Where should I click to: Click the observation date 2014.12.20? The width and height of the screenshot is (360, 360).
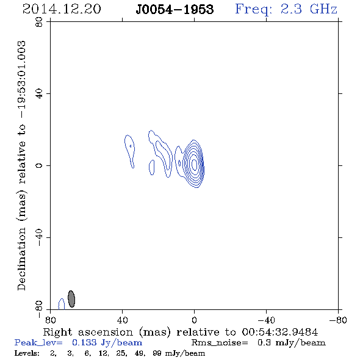coord(62,9)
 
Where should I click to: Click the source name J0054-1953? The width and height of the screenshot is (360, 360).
coord(175,9)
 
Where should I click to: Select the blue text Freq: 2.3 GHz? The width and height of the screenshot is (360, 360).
coord(286,9)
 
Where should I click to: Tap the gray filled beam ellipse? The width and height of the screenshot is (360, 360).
coord(71,299)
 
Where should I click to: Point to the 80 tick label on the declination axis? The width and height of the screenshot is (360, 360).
coord(39,22)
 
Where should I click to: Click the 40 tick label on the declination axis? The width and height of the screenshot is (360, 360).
coord(39,94)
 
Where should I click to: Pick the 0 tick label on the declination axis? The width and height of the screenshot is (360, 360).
coord(39,165)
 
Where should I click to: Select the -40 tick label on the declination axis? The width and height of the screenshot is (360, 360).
coord(39,237)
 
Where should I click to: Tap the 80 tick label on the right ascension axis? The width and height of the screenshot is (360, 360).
coord(50,320)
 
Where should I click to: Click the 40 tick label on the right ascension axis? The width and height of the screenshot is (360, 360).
coord(123,320)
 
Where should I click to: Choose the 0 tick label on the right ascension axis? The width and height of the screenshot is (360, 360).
coord(194,320)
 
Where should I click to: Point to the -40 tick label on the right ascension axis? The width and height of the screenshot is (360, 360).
coord(266,320)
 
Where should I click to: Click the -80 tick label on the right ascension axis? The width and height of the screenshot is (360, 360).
coord(338,320)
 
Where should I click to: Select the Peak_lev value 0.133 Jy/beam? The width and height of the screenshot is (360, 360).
coord(107,343)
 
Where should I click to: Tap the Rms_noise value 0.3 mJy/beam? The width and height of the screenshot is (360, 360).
coord(292,343)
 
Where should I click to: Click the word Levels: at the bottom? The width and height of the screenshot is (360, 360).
coord(27,353)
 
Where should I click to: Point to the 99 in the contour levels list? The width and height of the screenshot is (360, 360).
coord(157,353)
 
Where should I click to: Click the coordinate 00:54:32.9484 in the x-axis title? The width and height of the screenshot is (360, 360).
coord(280,332)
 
